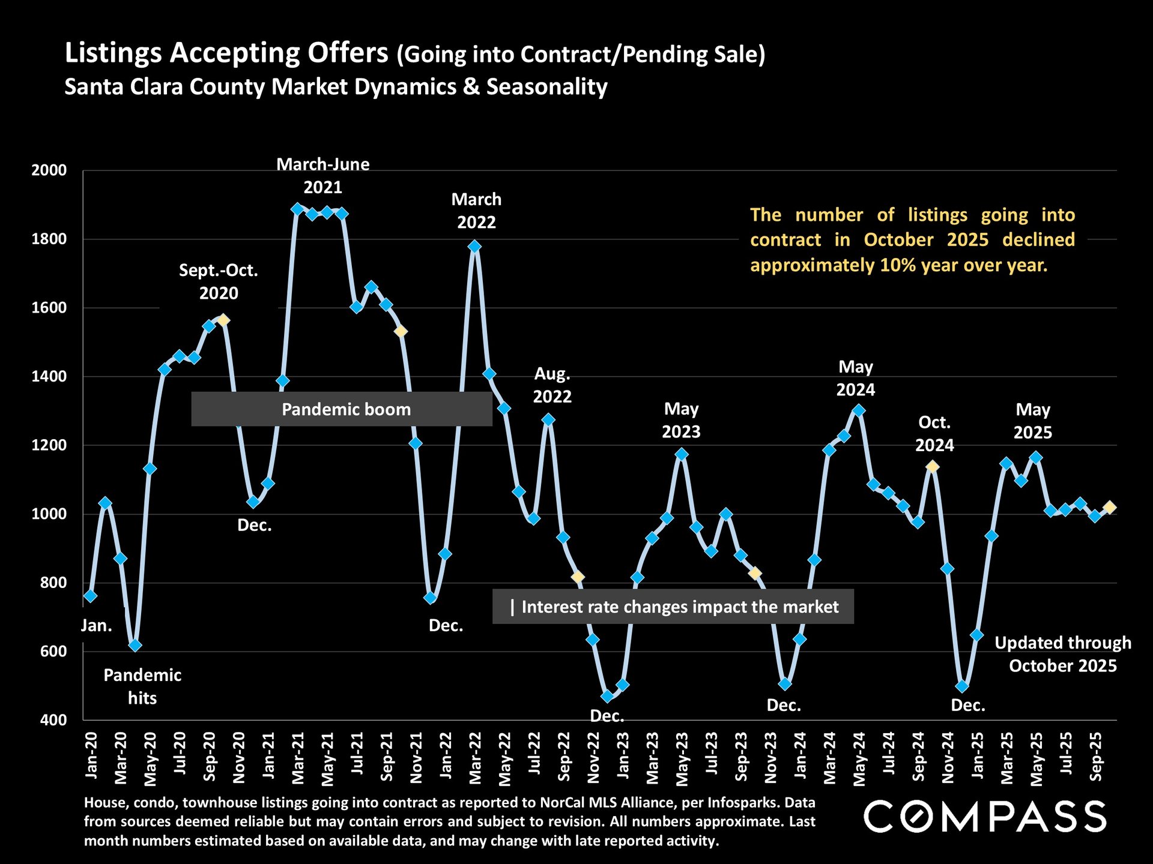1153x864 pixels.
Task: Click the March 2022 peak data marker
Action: (x=474, y=247)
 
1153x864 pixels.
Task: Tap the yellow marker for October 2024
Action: (x=932, y=467)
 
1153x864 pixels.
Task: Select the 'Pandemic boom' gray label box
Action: (x=342, y=409)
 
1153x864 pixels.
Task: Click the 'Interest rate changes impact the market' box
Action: (x=673, y=607)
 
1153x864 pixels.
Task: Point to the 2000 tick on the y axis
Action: (x=49, y=170)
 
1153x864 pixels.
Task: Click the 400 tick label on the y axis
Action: (x=53, y=720)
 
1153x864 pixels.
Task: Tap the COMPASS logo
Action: (x=985, y=817)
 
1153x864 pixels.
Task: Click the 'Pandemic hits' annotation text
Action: (x=142, y=686)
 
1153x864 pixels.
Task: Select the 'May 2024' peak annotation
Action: (x=856, y=378)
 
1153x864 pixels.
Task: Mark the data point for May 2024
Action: (x=859, y=410)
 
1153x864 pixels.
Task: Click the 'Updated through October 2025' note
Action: (x=1062, y=654)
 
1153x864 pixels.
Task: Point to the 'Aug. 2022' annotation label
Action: (x=552, y=385)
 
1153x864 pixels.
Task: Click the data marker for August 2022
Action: (x=548, y=420)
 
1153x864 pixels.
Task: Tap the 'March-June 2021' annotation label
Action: (x=323, y=175)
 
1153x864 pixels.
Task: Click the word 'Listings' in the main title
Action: (x=113, y=53)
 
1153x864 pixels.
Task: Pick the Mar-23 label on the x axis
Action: (x=652, y=758)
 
